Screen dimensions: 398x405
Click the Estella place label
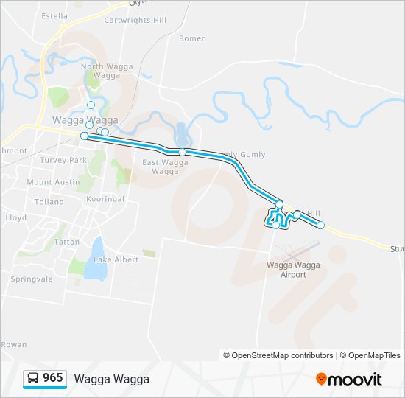point(55,15)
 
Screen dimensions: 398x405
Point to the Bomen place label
point(192,38)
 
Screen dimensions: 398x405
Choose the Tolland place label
point(49,201)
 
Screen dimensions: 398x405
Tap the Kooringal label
point(105,199)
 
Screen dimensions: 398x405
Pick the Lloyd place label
point(15,217)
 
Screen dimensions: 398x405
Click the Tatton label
point(67,241)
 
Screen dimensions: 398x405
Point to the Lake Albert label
point(116,259)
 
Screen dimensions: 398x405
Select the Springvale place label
point(32,279)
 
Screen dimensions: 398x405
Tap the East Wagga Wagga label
point(161,167)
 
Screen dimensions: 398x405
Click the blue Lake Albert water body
point(94,268)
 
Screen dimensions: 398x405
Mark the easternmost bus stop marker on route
point(320,225)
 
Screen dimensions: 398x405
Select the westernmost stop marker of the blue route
point(84,136)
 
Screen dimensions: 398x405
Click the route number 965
point(52,378)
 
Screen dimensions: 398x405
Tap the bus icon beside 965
point(33,379)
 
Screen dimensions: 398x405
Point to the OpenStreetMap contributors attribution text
point(278,355)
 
